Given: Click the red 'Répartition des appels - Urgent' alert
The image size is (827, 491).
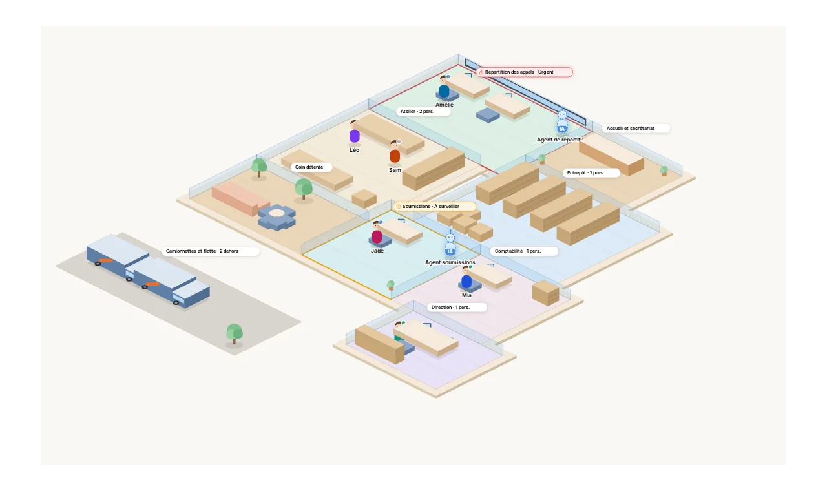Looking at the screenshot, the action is pyautogui.click(x=524, y=72).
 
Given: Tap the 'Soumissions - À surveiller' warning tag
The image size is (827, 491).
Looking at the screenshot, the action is pyautogui.click(x=434, y=206).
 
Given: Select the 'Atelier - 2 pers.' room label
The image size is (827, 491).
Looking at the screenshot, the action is pyautogui.click(x=423, y=112).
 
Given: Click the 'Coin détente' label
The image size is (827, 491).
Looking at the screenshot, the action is pyautogui.click(x=311, y=167).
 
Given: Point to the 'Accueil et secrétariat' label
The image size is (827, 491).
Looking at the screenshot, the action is pyautogui.click(x=636, y=129).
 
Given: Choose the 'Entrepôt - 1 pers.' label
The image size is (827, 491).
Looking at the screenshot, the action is pyautogui.click(x=591, y=172).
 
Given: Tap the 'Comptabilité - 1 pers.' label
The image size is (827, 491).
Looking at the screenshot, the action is pyautogui.click(x=524, y=251).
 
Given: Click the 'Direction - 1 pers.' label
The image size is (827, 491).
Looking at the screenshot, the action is pyautogui.click(x=457, y=307).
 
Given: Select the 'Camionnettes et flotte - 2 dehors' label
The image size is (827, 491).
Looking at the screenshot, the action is pyautogui.click(x=211, y=251).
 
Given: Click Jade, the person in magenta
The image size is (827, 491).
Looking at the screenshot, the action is pyautogui.click(x=377, y=233).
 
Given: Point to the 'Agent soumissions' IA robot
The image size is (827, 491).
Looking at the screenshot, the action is pyautogui.click(x=450, y=244).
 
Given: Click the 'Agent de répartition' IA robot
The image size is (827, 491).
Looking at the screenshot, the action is pyautogui.click(x=562, y=120).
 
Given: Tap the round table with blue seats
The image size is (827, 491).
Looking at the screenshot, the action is pyautogui.click(x=277, y=217).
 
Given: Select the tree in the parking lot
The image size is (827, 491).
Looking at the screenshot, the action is pyautogui.click(x=234, y=334).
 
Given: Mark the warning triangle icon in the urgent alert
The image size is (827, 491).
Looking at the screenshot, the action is pyautogui.click(x=481, y=72).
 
